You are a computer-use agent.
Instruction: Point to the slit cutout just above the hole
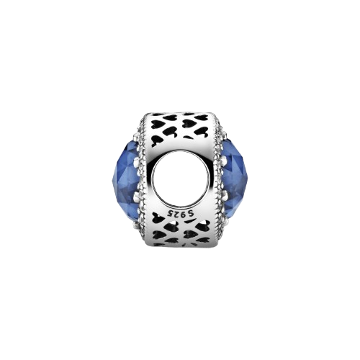(187, 138)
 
